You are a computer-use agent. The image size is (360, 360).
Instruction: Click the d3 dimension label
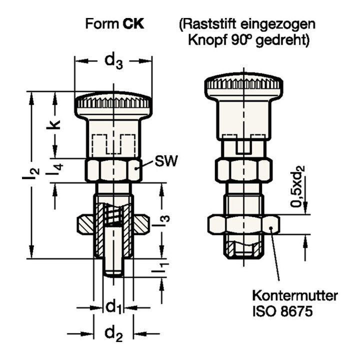(x=113, y=61)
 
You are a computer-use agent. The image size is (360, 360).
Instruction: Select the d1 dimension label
(x=113, y=307)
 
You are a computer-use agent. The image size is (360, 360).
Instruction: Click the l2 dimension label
(x=31, y=173)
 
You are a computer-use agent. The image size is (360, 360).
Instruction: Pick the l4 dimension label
(x=54, y=169)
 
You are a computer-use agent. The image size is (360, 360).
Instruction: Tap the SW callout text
(x=166, y=160)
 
